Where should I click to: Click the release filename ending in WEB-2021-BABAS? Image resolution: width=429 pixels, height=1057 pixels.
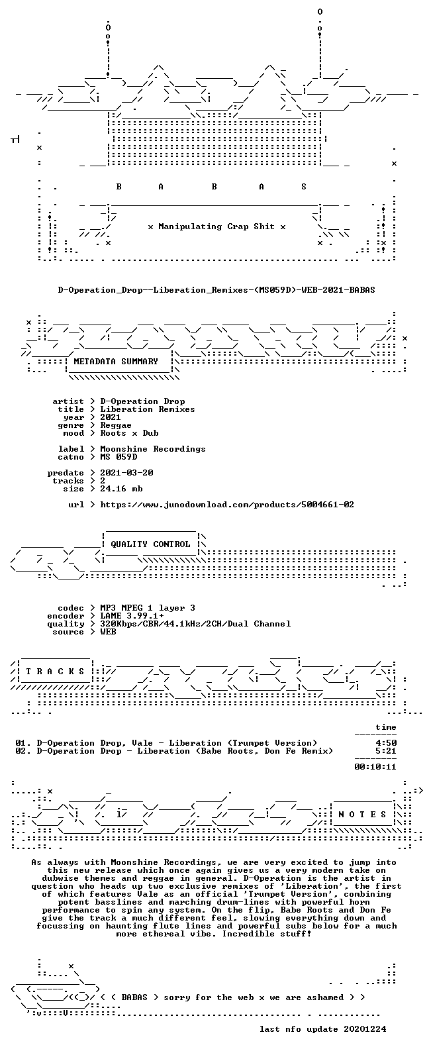coord(216,290)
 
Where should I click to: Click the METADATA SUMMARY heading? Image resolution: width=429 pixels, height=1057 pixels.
coord(116,362)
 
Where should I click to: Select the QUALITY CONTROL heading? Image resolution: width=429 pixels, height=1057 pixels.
coord(150,544)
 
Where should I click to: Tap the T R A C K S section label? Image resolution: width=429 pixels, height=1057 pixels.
coord(55,671)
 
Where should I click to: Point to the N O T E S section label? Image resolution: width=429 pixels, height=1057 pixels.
coord(362,814)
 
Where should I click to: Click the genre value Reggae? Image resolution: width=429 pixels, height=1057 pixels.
coord(116,426)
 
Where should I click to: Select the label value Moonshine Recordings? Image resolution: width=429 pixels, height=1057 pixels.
coord(153,449)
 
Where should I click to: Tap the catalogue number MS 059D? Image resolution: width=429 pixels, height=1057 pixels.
coord(119,457)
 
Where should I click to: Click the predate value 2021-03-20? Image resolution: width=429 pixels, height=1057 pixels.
coord(126,473)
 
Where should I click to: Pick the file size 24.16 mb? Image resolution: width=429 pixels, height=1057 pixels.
coord(121,489)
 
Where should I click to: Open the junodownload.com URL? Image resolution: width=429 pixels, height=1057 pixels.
coord(227,505)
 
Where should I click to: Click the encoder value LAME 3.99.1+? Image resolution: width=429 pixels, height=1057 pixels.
coord(132,616)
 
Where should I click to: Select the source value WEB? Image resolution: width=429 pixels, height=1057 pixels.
coord(108,632)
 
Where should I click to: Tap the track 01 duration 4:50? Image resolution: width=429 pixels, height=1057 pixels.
coord(386,743)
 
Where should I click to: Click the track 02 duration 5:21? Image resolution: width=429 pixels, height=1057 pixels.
coord(386,751)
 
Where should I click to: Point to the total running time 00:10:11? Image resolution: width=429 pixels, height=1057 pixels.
coord(375,767)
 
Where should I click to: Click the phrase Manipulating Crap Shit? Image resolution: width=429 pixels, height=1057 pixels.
coord(216,226)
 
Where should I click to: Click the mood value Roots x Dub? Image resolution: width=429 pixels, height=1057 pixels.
coord(129,433)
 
